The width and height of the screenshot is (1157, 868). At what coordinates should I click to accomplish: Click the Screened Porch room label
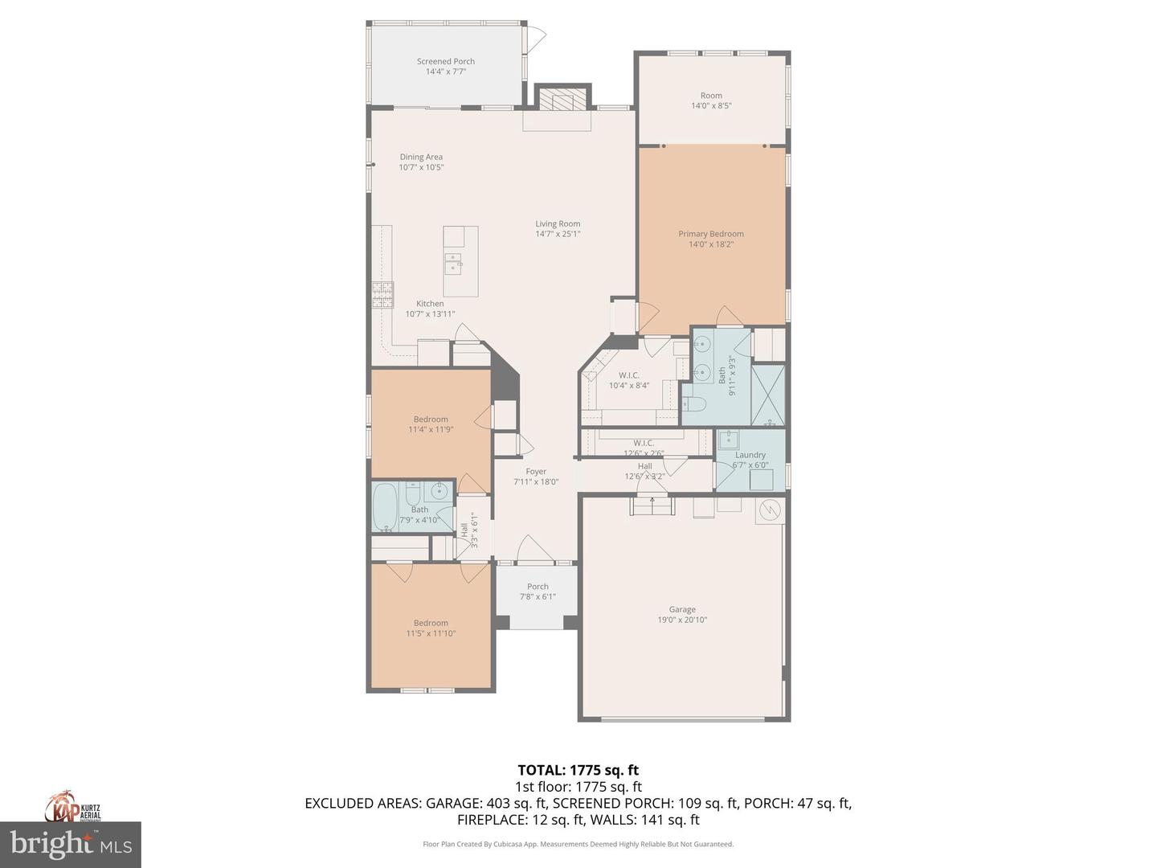[x=445, y=61]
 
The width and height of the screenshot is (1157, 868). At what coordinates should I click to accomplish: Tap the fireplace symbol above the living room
[x=562, y=99]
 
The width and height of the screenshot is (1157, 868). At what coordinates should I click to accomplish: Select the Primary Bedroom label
[x=711, y=234]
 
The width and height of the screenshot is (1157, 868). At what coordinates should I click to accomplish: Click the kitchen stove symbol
[x=382, y=295]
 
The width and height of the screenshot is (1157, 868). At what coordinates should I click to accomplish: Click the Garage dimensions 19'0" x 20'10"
[x=682, y=620]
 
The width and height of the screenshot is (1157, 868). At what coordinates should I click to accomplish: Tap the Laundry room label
[x=750, y=455]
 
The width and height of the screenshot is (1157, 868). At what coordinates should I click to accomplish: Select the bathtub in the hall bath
[x=386, y=507]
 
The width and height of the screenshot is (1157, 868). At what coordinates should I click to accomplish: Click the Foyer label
[x=536, y=472]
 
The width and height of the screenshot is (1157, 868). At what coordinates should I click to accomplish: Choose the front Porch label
[x=538, y=587]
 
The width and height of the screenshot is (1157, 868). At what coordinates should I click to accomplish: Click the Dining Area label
[x=421, y=158]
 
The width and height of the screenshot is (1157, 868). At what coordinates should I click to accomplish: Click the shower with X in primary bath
[x=767, y=395]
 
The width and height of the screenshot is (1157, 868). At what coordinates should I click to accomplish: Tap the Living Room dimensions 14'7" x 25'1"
[x=558, y=235]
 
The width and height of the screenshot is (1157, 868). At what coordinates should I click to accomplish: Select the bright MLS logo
[x=71, y=844]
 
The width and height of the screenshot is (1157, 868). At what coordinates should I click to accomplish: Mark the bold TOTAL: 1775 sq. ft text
[x=578, y=771]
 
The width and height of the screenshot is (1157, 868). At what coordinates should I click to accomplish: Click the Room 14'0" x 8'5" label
[x=711, y=96]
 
